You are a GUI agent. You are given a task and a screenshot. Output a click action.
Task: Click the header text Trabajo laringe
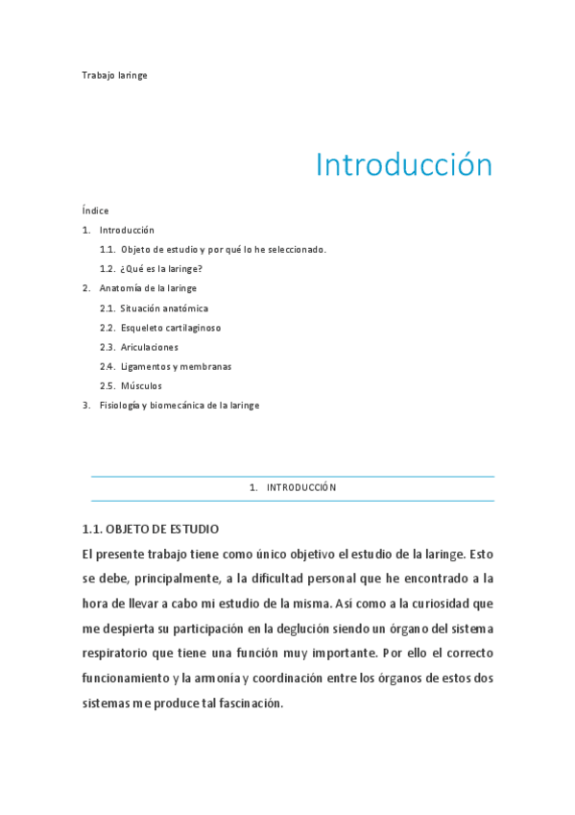click(114, 75)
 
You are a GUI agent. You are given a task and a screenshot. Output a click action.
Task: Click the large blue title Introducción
click(403, 165)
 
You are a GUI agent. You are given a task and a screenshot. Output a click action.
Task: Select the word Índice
click(95, 210)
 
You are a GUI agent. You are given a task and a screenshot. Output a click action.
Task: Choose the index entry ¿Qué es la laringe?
click(161, 269)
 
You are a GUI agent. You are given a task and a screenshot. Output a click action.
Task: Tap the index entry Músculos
click(141, 386)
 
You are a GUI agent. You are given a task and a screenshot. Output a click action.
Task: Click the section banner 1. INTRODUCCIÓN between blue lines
click(293, 488)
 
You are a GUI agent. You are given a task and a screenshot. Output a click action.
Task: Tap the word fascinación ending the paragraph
click(242, 703)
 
